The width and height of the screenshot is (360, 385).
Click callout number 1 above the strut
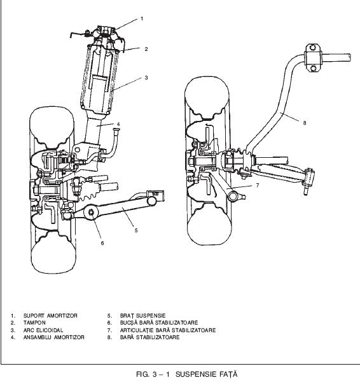click(142, 18)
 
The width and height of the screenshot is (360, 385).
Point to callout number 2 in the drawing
click(146, 49)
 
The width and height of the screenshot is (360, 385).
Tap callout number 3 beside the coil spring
click(146, 78)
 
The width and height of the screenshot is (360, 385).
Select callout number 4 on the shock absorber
click(118, 124)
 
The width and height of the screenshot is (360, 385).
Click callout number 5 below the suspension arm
click(136, 230)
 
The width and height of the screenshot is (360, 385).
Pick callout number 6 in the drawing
click(102, 243)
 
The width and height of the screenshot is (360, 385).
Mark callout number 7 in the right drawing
click(258, 185)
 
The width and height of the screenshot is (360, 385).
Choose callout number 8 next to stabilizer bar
click(305, 123)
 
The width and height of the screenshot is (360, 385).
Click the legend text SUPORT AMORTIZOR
click(50, 316)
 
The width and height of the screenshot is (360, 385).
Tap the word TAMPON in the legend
click(34, 323)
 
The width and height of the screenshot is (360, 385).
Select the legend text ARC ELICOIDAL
click(43, 330)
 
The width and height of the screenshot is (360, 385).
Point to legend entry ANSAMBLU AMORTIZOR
click(53, 337)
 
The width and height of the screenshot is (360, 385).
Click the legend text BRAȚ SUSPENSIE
click(143, 316)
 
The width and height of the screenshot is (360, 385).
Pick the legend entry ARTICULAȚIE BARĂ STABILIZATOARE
click(168, 330)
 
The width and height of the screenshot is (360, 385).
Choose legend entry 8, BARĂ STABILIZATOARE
click(149, 337)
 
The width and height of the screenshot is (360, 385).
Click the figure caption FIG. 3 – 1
click(153, 374)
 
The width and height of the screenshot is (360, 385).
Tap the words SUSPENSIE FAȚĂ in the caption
click(207, 374)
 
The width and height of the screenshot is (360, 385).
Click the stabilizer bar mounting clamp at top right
click(313, 58)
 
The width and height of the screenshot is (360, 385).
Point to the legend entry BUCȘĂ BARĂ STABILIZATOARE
click(159, 323)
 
